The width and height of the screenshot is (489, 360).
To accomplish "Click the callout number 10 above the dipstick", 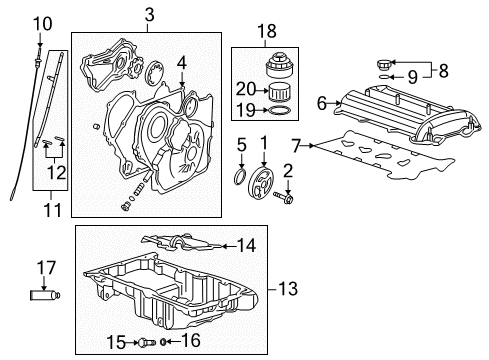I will [41, 23].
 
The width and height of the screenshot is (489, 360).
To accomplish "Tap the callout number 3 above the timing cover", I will [148, 14].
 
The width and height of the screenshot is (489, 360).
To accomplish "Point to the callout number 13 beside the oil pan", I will [287, 291].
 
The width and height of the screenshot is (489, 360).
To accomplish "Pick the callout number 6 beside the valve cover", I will [321, 102].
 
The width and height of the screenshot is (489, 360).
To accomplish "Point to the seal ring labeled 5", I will [240, 180].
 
